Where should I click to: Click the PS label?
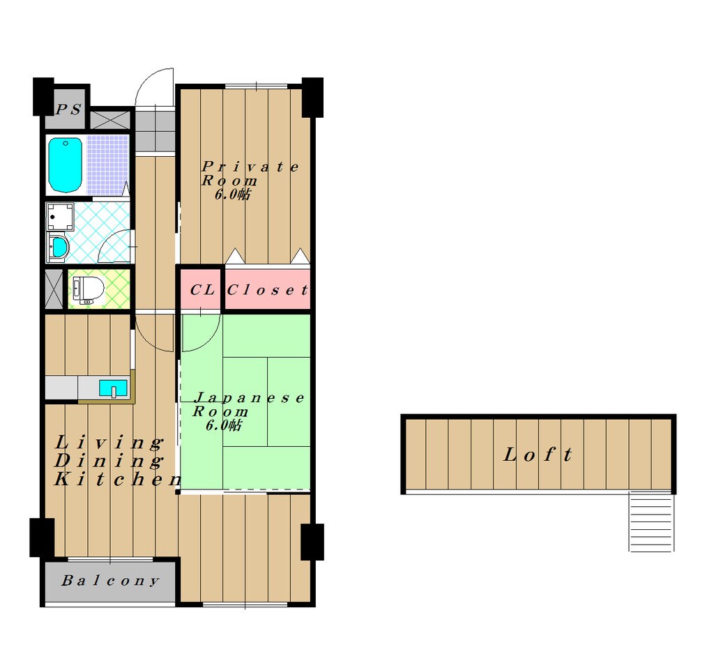coord(68,109)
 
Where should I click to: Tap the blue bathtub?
coord(66,165)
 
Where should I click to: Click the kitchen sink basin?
coord(114,388)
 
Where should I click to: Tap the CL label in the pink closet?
coord(202,289)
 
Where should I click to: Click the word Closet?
coord(268,290)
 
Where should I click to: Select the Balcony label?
coord(111,581)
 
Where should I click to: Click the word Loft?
coord(538,455)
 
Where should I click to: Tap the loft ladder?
coord(651,522)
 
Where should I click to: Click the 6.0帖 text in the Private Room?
coord(232,195)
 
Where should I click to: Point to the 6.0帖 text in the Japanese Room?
coord(224,425)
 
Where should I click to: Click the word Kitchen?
coord(117,479)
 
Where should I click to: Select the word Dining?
coord(109,461)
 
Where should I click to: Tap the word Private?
coord(250,167)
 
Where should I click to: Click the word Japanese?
coord(249,398)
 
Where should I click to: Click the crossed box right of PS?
coord(110,120)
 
